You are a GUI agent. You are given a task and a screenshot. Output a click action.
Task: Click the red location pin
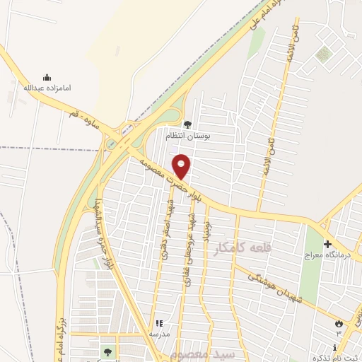[x=182, y=165]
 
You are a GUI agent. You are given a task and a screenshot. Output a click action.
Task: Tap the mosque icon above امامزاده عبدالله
[x=47, y=78]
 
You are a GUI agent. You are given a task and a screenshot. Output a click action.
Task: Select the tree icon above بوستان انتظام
[x=187, y=124]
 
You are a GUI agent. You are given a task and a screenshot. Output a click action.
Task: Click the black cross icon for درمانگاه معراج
[x=327, y=244]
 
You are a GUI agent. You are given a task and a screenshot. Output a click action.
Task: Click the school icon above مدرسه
[x=158, y=322]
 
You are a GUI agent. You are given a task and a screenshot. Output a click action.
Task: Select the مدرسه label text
[x=158, y=332]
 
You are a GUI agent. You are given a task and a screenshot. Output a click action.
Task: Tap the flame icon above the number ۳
[x=339, y=323]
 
